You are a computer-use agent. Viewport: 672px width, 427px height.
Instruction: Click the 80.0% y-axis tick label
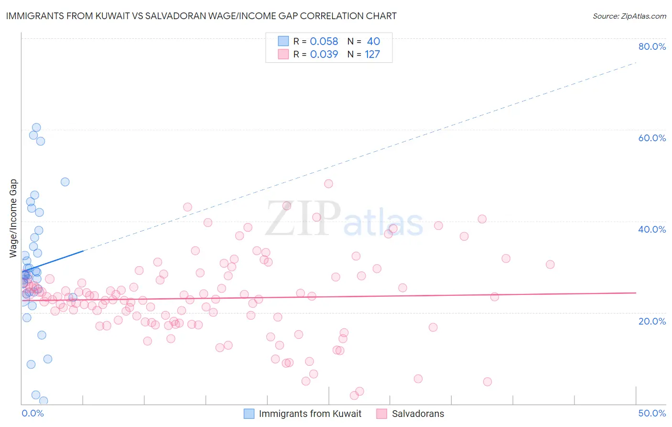(652, 46)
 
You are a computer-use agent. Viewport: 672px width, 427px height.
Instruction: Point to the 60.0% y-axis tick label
(652, 138)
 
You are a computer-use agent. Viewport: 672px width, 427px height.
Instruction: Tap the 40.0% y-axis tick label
(652, 229)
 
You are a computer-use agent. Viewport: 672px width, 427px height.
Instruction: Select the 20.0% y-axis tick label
(652, 321)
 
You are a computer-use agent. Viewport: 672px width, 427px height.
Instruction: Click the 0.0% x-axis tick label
(33, 413)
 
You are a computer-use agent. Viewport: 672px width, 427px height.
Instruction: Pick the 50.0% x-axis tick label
(652, 413)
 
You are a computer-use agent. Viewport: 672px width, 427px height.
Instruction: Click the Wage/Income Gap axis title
(13, 218)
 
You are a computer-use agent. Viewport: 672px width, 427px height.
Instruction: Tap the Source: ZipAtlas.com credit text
(629, 16)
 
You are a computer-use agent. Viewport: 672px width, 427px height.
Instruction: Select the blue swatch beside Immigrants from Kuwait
(249, 414)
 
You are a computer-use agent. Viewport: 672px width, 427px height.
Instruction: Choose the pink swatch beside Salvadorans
(381, 414)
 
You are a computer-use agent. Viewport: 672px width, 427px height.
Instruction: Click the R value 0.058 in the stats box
(324, 41)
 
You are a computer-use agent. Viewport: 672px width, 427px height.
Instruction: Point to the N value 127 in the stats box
(372, 54)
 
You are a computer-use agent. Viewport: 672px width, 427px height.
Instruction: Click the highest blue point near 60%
(36, 127)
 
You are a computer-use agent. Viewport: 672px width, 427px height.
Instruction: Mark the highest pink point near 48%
(328, 184)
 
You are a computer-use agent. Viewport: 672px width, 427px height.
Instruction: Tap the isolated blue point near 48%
(65, 182)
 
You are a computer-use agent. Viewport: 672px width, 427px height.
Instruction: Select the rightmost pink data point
(550, 265)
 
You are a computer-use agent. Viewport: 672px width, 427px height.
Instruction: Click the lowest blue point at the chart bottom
(43, 401)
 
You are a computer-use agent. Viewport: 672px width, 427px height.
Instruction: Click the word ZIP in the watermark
(303, 219)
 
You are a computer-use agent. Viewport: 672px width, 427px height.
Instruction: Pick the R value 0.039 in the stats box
(324, 54)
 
